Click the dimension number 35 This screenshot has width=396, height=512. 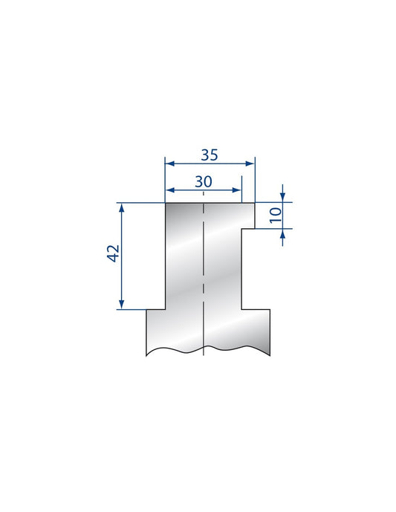[x=210, y=155]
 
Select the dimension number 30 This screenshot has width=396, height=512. [x=203, y=181]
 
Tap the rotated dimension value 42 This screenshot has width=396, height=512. [x=113, y=254]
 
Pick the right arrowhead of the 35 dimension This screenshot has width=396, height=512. [x=251, y=163]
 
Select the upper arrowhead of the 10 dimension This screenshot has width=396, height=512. [x=283, y=197]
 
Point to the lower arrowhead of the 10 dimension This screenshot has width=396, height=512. [x=283, y=233]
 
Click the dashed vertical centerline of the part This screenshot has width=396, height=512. [x=203, y=282]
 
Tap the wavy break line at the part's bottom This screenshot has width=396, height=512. [x=208, y=349]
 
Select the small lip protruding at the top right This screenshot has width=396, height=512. [x=247, y=216]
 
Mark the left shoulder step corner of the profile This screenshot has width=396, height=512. [x=164, y=309]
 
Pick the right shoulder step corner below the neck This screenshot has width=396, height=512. [x=242, y=309]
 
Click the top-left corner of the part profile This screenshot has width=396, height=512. [x=164, y=203]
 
